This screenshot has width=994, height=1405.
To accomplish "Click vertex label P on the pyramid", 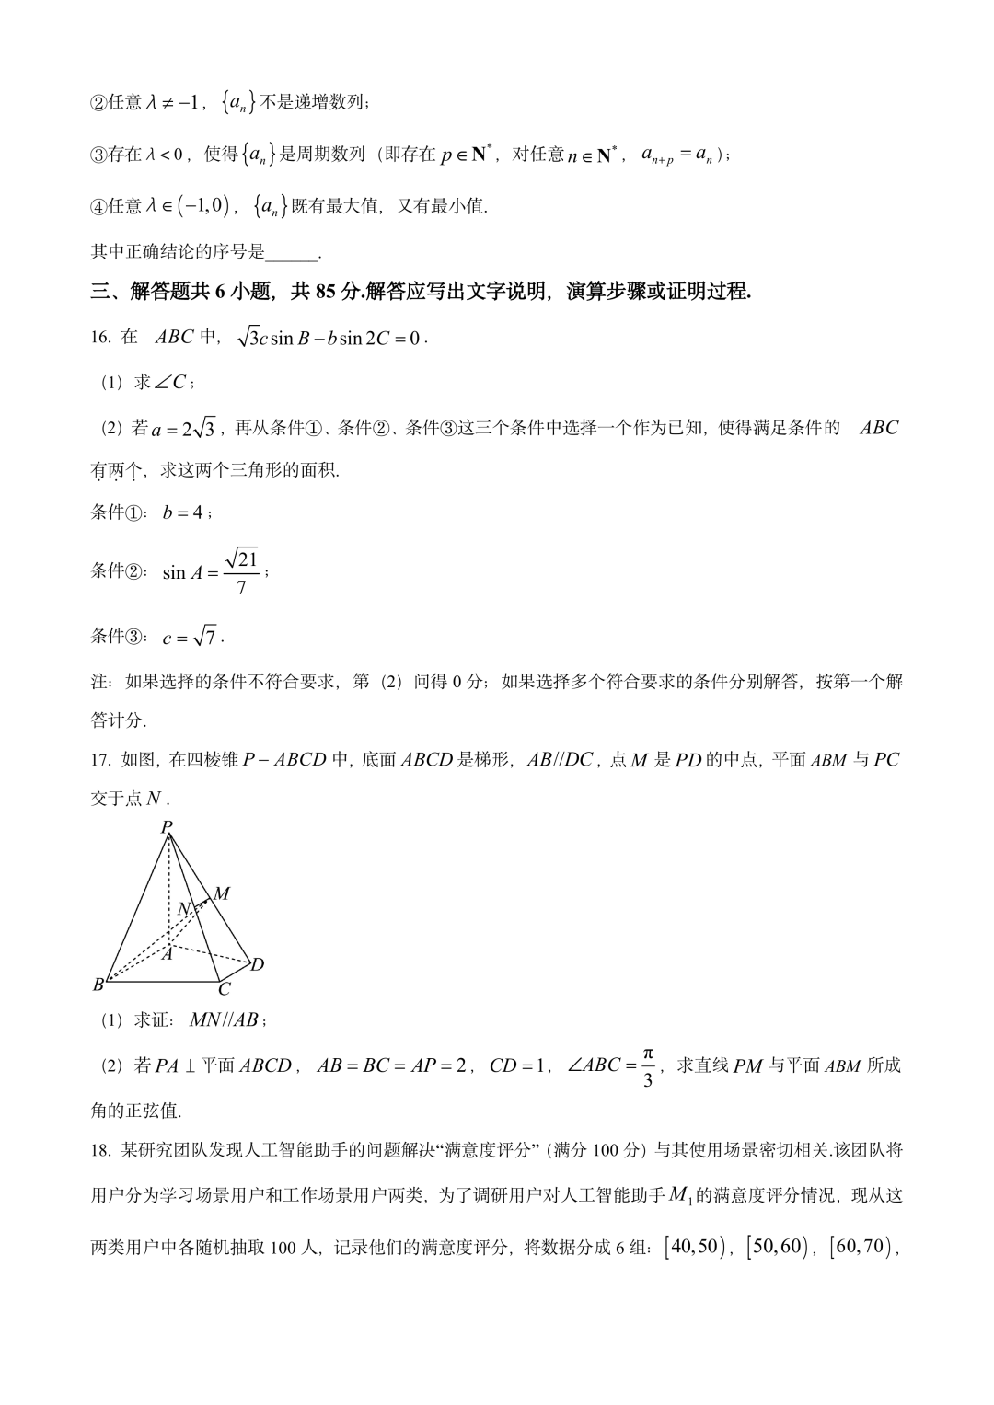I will click(167, 826).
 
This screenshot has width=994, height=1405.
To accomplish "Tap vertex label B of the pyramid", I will click(98, 985).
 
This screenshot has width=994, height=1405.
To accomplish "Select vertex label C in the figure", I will click(224, 990).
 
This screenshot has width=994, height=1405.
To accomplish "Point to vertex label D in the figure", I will click(258, 964).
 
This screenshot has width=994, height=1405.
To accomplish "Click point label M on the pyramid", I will click(222, 893).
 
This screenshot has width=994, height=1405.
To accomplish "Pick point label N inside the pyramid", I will click(183, 909).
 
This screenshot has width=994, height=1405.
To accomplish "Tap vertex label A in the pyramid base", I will click(167, 954).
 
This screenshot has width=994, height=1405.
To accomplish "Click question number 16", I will click(100, 338).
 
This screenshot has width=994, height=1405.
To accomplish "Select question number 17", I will click(100, 760).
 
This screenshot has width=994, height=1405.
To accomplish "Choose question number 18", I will click(100, 1150).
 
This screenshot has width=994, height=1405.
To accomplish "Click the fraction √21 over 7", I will click(242, 571).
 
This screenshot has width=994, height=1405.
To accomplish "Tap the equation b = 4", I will click(183, 512).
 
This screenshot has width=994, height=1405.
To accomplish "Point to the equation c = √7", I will click(190, 637).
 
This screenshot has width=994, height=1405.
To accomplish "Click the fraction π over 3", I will click(648, 1066).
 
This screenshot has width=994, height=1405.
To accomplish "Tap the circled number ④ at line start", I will click(98, 207).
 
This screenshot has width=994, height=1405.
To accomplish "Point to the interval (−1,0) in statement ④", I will click(204, 207).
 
